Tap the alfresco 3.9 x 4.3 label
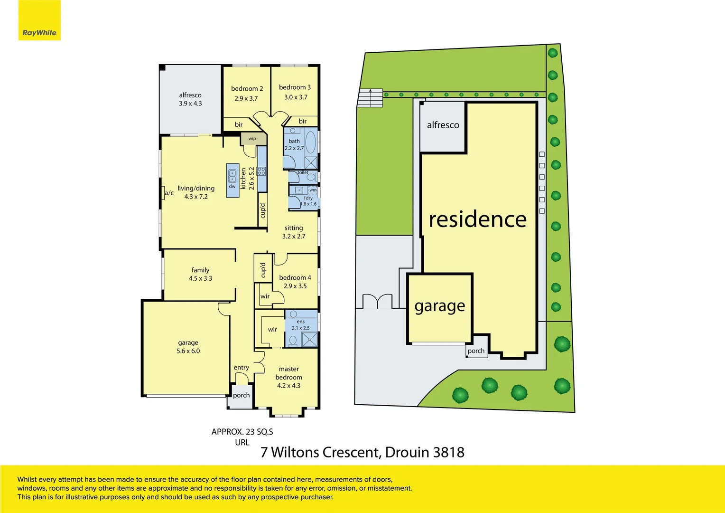pyautogui.click(x=190, y=99)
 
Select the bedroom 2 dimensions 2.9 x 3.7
pyautogui.click(x=246, y=98)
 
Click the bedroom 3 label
pyautogui.click(x=295, y=87)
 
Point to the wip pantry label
pyautogui.click(x=252, y=139)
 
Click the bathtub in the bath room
pyautogui.click(x=310, y=142)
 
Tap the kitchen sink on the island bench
pyautogui.click(x=232, y=176)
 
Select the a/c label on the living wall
pyautogui.click(x=169, y=193)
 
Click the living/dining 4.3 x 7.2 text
pyautogui.click(x=196, y=192)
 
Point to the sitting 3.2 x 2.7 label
pyautogui.click(x=294, y=232)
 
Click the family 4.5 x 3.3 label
pyautogui.click(x=200, y=274)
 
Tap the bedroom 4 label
pyautogui.click(x=295, y=277)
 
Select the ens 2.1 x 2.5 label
pyautogui.click(x=300, y=325)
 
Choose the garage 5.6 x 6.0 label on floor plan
pyautogui.click(x=188, y=347)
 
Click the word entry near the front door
pyautogui.click(x=241, y=367)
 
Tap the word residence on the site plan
pyautogui.click(x=477, y=219)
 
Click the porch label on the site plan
pyautogui.click(x=476, y=351)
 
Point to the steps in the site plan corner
pyautogui.click(x=370, y=98)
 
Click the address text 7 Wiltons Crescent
pyautogui.click(x=320, y=452)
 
